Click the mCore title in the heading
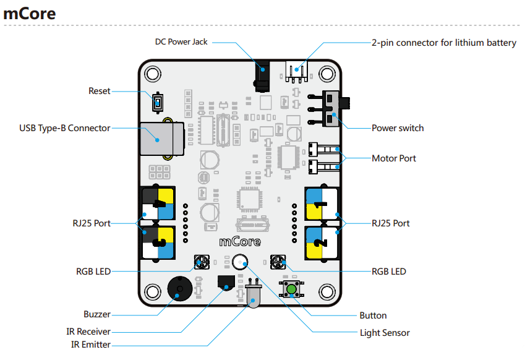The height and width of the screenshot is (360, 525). [29, 13]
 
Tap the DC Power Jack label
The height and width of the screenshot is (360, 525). [181, 42]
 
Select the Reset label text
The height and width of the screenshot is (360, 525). [100, 91]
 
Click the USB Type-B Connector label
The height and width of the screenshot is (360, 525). [65, 128]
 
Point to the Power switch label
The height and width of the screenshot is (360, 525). [398, 128]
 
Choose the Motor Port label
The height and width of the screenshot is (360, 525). [394, 158]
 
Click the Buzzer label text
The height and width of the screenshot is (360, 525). [97, 314]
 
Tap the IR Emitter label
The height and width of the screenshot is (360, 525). [90, 345]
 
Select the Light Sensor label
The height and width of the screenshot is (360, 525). [385, 333]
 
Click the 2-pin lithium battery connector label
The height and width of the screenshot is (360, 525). [443, 43]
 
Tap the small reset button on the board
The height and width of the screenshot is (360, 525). [158, 103]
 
